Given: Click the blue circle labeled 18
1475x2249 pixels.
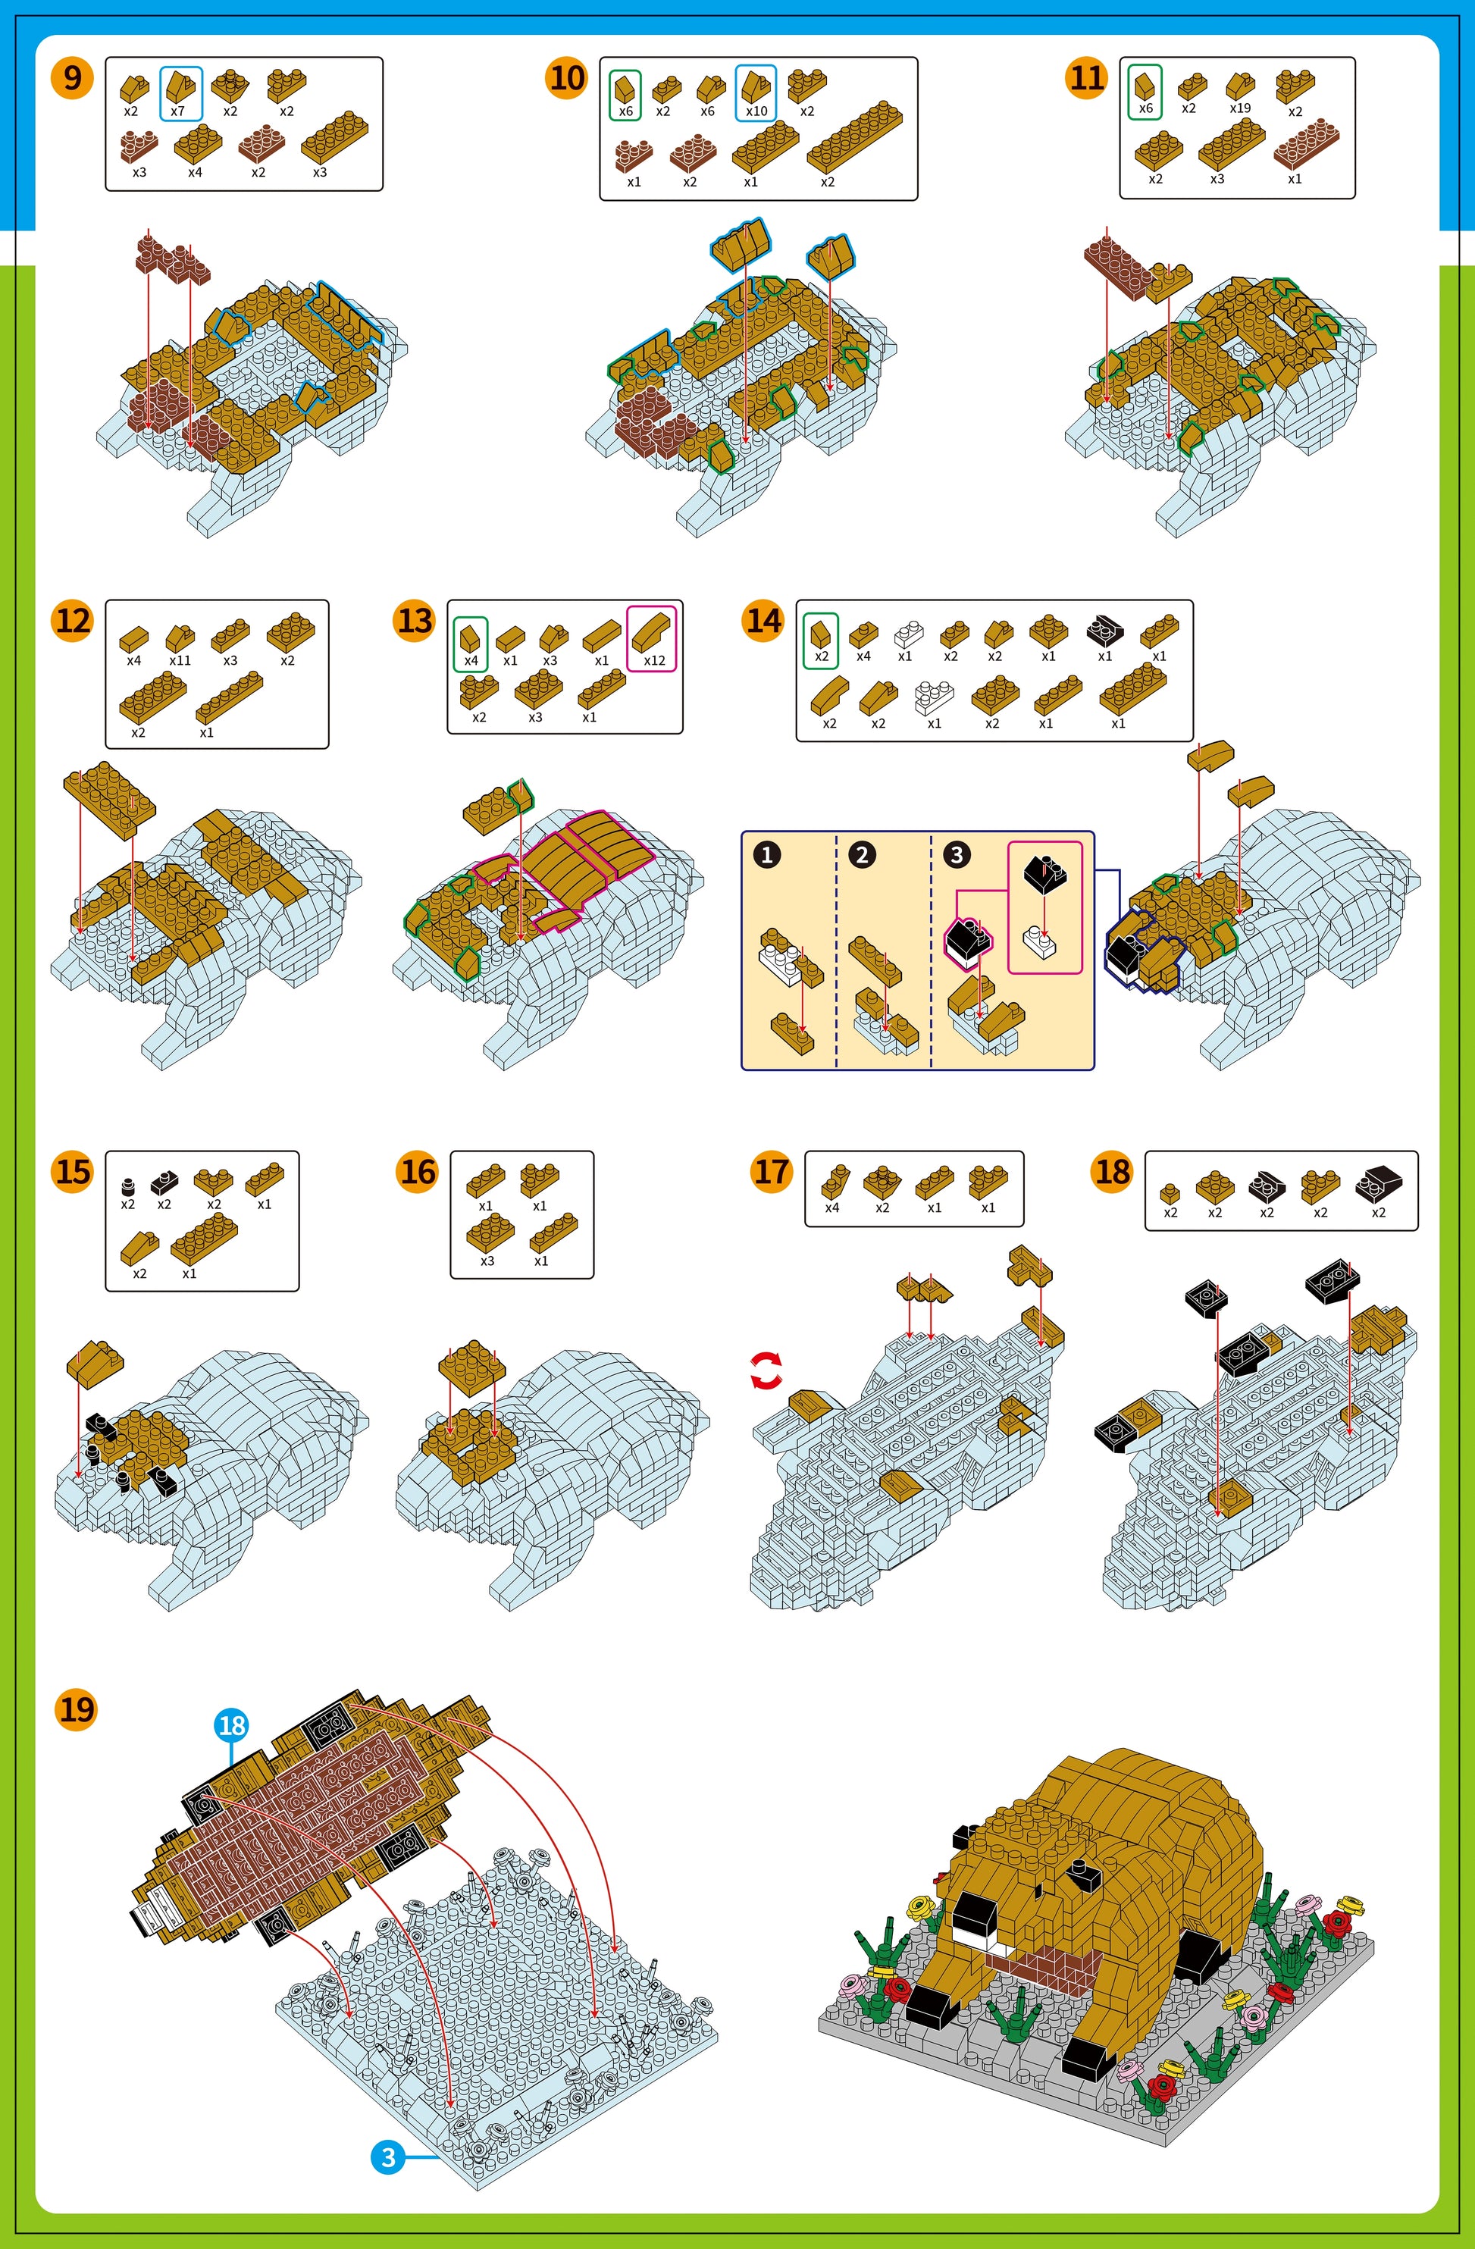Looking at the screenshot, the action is coord(231,1724).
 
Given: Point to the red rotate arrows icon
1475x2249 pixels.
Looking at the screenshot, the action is coord(766,1370).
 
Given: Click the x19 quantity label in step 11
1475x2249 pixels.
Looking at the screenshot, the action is coord(1240,108).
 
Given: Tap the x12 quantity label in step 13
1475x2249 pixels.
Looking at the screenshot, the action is coord(654,660).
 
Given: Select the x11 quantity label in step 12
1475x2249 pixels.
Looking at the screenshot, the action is coord(180,660).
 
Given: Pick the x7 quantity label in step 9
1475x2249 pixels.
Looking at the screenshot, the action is coord(177,111).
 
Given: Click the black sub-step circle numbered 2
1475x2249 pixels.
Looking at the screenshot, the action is coord(862,854).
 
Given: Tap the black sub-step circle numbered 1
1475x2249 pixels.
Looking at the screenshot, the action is coord(767,854).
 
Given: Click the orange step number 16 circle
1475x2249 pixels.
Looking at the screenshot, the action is coord(418,1172).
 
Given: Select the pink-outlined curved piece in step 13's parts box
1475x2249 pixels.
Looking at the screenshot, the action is coord(652,631).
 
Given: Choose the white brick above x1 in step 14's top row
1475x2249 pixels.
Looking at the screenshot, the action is coord(908,632).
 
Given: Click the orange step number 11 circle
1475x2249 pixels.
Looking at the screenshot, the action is coord(1087,77).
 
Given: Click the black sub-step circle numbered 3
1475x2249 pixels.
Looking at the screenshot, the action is coord(957,854).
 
